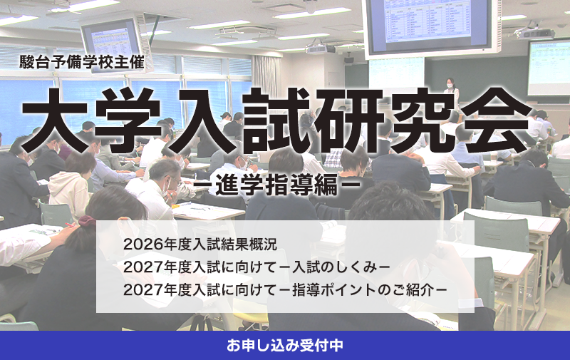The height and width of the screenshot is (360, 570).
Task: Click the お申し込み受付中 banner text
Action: (285, 346)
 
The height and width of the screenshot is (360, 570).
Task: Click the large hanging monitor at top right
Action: (430, 26)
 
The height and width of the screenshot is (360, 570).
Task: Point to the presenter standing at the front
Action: (450, 88)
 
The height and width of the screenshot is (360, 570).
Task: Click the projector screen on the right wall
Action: (549, 68)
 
